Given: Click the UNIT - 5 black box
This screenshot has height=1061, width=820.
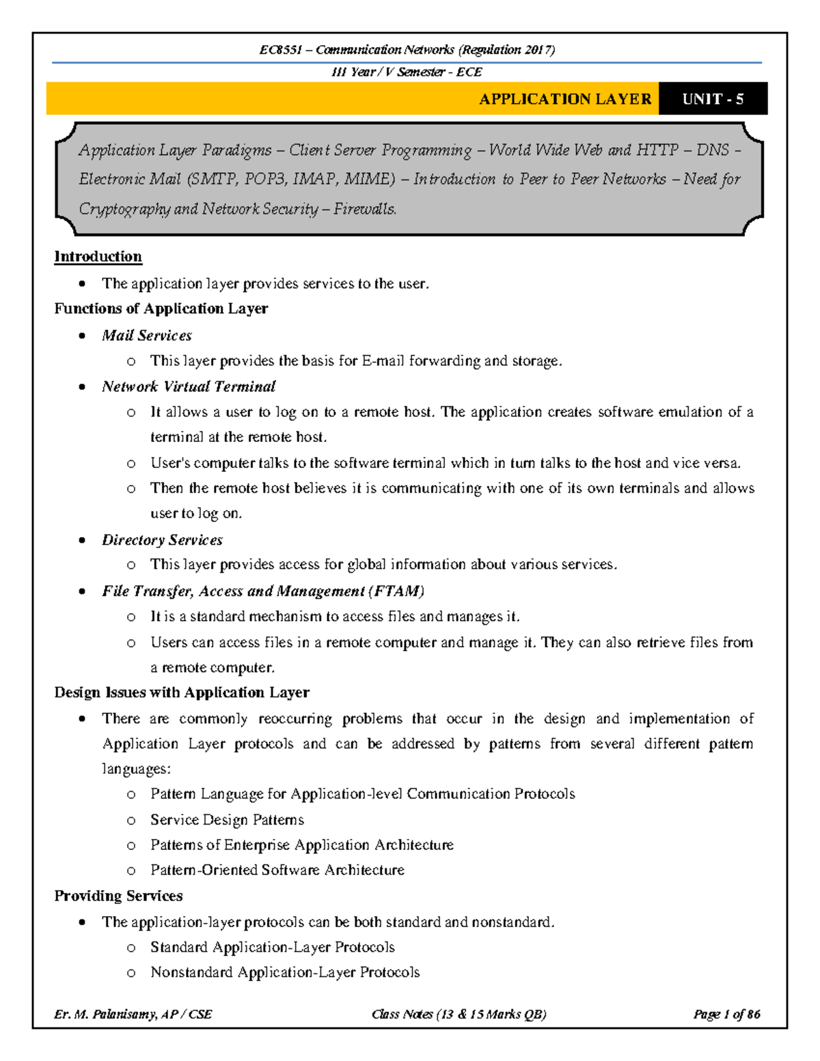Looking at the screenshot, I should (713, 99).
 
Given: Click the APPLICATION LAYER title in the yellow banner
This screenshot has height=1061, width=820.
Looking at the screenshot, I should (565, 99).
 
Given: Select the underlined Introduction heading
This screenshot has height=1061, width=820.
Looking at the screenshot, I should (98, 257).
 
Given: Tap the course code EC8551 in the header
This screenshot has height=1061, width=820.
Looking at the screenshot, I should (280, 50).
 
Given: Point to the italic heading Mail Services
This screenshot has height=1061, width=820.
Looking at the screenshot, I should (147, 335).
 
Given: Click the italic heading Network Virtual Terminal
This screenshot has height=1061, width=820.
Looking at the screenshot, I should (189, 387).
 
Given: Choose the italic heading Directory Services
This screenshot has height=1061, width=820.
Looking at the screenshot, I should (162, 540).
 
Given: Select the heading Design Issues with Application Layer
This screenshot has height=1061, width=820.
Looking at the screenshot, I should (182, 693).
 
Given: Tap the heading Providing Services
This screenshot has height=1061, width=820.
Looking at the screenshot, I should (118, 896).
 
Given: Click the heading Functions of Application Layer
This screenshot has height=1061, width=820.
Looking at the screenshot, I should (161, 309).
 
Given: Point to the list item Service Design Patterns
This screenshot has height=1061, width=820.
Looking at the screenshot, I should (227, 820).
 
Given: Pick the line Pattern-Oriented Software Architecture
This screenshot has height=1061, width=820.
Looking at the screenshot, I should (277, 870).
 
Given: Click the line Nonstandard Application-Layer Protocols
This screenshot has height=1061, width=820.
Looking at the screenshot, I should (285, 972).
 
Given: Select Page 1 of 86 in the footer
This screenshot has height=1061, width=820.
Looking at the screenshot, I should (726, 1015).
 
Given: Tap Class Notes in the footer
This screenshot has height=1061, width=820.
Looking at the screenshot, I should (402, 1015).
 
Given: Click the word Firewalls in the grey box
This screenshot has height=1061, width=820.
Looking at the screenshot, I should (365, 209).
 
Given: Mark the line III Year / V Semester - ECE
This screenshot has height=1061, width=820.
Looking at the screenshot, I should (407, 72).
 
